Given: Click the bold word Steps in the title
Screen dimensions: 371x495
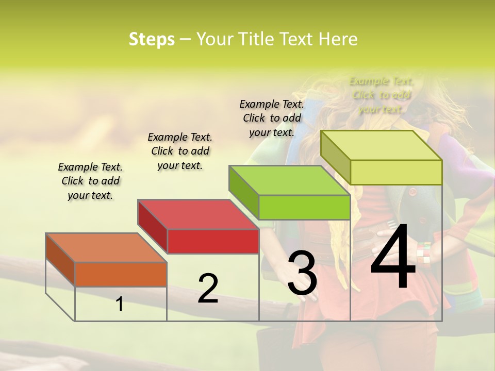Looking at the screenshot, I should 152,39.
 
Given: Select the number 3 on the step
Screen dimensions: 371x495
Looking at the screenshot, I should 302,273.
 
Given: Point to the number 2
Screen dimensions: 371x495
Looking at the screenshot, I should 208,289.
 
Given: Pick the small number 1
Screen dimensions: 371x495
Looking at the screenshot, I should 120,304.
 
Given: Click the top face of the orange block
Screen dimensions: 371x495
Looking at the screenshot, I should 106,247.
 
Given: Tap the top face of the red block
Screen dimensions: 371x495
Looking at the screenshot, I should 198,214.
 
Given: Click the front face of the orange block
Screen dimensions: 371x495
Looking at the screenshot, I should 121,274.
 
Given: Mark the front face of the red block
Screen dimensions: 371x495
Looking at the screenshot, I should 213,241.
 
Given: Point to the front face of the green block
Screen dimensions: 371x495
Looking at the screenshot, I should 304,207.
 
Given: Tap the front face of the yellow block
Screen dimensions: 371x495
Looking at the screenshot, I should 396,172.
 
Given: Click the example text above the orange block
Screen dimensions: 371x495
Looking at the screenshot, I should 90,181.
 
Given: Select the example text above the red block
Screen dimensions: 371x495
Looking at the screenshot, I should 180,151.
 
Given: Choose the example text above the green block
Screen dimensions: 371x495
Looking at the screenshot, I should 272,118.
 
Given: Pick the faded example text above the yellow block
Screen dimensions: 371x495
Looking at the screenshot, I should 382,95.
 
